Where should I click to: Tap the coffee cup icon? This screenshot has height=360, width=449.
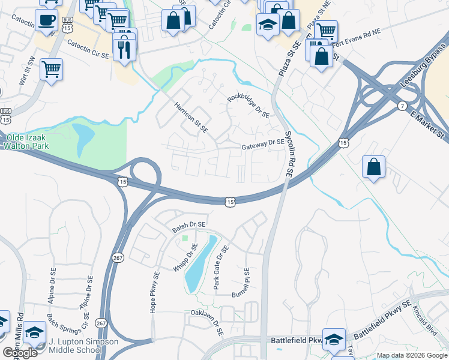pyautogui.click(x=46, y=21)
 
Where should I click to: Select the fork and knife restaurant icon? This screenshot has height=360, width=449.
pyautogui.click(x=125, y=49)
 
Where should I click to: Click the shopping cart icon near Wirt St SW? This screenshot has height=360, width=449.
pyautogui.click(x=52, y=69)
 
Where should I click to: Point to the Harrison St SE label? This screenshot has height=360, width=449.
pyautogui.click(x=191, y=116)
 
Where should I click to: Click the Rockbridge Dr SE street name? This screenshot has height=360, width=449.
pyautogui.click(x=249, y=106)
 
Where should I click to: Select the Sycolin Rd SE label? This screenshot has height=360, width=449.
pyautogui.click(x=289, y=155)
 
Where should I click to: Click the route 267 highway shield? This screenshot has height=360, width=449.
pyautogui.click(x=117, y=257)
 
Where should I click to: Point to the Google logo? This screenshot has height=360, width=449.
pyautogui.click(x=20, y=353)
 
